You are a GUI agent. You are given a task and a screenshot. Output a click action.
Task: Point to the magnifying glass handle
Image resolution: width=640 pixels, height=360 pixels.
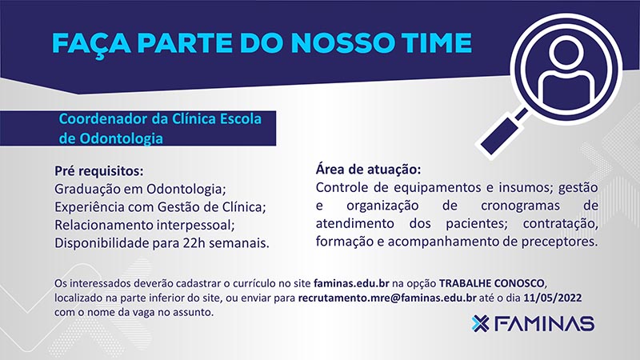pos(502,134)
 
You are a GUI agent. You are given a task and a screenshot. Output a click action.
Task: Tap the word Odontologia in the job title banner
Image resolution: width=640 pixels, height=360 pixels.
pos(122,138)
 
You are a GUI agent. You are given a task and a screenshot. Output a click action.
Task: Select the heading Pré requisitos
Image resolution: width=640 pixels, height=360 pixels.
pos(99,171)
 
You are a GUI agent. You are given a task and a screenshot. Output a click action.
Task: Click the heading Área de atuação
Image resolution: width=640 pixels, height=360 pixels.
pos(368,169)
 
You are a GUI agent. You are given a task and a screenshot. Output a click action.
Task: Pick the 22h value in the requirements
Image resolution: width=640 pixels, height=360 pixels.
pos(194,243)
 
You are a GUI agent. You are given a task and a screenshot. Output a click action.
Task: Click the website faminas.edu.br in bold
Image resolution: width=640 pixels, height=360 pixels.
pos(351,283)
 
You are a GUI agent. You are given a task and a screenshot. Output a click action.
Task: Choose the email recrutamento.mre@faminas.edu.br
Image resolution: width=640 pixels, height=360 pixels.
pos(387,298)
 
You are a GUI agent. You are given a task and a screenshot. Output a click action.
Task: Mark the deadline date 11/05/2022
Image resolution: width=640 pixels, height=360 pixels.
pos(553,298)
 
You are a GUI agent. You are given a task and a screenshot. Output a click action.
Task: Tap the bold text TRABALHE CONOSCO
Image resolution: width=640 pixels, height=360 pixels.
pos(492,283)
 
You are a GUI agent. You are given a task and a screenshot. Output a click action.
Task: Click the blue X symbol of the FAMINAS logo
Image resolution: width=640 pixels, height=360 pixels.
pos(481,324)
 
